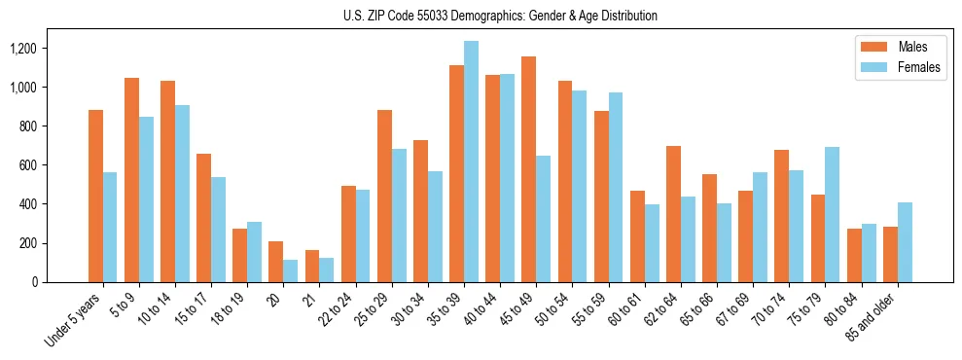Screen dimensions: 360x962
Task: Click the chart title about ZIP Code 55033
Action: tap(500, 16)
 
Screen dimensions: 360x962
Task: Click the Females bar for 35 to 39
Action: tap(471, 162)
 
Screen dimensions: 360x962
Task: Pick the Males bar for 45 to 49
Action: tap(528, 169)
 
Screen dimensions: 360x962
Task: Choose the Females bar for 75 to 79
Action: tap(832, 214)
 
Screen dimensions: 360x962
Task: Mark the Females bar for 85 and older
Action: tap(905, 242)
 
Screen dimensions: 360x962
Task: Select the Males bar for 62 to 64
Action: tap(673, 214)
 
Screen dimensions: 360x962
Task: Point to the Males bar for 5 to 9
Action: tap(131, 180)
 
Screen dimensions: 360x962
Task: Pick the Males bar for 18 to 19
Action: tap(239, 255)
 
